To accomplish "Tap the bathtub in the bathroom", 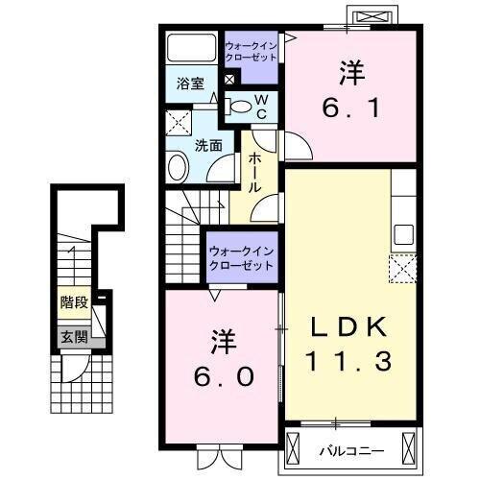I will click(192, 49).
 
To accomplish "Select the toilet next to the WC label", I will click(241, 106).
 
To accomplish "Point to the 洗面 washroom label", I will click(208, 146).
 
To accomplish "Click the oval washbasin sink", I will click(179, 168).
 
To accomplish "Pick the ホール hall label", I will click(256, 172).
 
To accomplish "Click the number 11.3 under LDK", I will click(347, 362).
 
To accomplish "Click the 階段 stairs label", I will click(74, 302).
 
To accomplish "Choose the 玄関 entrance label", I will click(74, 336).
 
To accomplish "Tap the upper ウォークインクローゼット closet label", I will click(252, 50).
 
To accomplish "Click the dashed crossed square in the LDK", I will click(401, 267).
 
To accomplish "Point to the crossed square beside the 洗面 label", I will click(179, 123).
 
